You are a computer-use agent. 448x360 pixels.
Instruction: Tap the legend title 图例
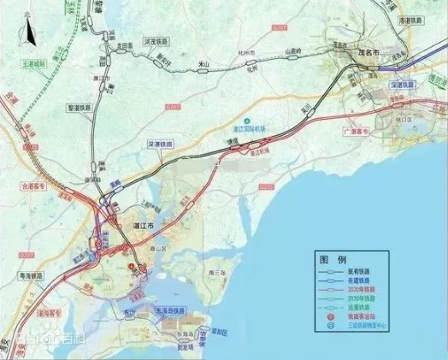click(332, 258)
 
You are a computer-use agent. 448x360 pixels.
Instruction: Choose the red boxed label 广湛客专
click(353, 132)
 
